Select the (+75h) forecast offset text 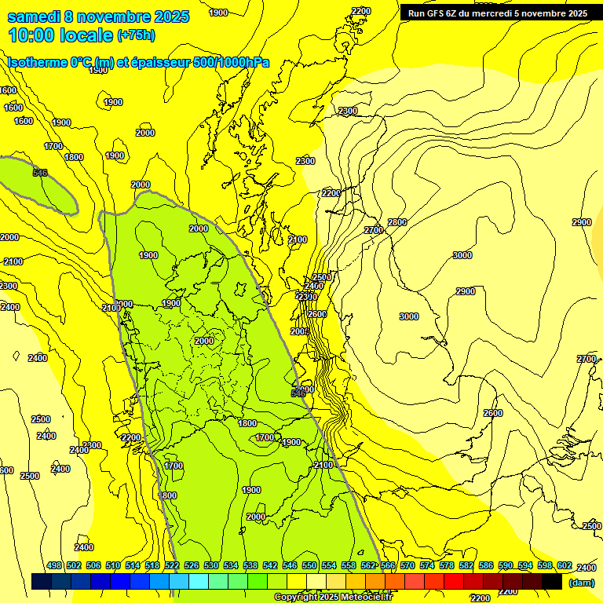pos(136,35)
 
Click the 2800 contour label pos(397,222)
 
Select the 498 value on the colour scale pos(54,565)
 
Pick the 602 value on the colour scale pos(564,565)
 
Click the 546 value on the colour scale pos(290,565)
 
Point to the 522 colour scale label pos(172,565)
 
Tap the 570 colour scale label pos(407,565)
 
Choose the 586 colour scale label pos(485,565)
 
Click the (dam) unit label pos(581,583)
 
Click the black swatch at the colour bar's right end pos(552,581)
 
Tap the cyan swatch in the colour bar pos(199,581)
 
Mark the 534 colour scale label pos(231,565)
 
